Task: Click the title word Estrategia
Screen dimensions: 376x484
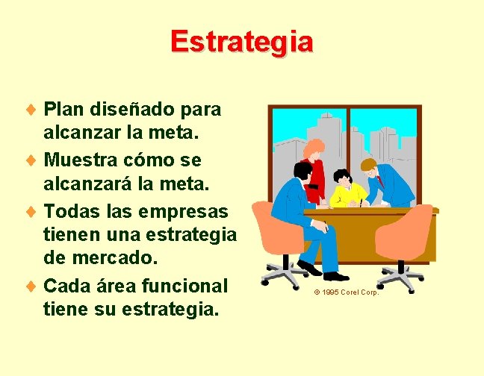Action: click(x=241, y=41)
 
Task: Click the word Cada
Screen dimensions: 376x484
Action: click(x=66, y=286)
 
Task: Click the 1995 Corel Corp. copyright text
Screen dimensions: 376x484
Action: click(x=347, y=292)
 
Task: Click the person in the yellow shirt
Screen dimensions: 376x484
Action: click(x=346, y=191)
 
